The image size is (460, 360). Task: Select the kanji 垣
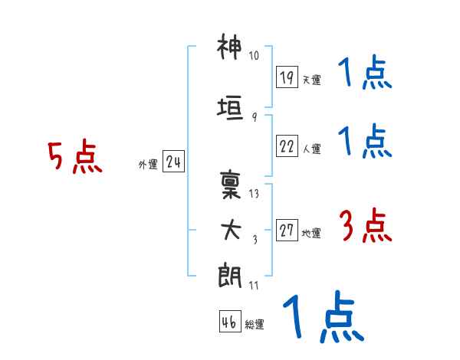(230, 107)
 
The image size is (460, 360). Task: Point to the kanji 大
(230, 228)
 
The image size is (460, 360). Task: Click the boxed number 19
(287, 77)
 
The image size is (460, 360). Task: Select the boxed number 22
(287, 147)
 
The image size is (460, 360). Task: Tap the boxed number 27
(287, 231)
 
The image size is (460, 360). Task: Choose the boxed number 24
(173, 162)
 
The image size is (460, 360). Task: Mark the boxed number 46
(229, 322)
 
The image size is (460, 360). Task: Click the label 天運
(311, 80)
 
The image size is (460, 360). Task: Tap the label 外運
(148, 164)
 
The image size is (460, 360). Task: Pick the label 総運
(255, 324)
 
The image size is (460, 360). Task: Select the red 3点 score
(365, 227)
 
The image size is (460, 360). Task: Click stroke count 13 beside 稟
(254, 193)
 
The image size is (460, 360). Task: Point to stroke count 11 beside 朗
(254, 286)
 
